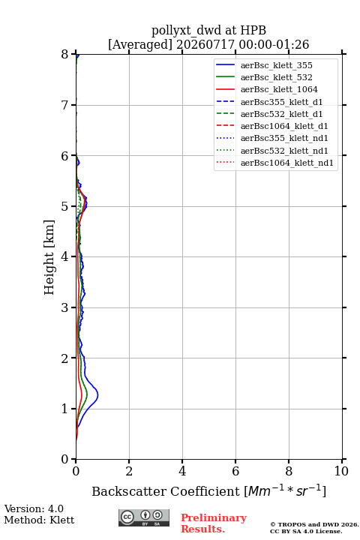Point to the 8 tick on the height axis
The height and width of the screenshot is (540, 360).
pyautogui.click(x=73, y=54)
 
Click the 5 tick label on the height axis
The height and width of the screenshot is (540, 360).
pyautogui.click(x=65, y=207)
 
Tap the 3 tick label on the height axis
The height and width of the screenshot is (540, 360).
pyautogui.click(x=65, y=307)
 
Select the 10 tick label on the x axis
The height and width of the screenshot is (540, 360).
pyautogui.click(x=341, y=471)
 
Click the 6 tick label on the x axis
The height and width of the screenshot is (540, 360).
pyautogui.click(x=235, y=471)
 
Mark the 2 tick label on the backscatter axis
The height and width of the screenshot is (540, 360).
pyautogui.click(x=129, y=471)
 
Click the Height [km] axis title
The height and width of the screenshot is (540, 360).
pyautogui.click(x=49, y=257)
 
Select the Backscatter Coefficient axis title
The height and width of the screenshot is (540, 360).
pyautogui.click(x=208, y=490)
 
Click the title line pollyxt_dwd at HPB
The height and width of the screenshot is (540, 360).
pyautogui.click(x=208, y=30)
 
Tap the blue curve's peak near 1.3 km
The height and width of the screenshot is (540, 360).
pyautogui.click(x=97, y=394)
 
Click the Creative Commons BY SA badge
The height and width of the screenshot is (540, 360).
pyautogui.click(x=144, y=517)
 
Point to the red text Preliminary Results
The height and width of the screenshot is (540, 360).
pyautogui.click(x=214, y=523)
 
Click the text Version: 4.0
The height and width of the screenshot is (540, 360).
pyautogui.click(x=34, y=508)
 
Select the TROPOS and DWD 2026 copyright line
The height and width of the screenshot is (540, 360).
pyautogui.click(x=314, y=524)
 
